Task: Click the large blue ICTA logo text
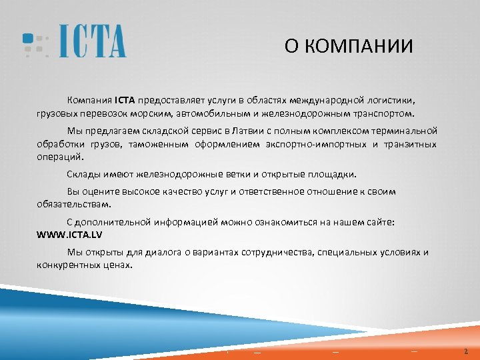(92, 41)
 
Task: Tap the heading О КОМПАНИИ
(348, 47)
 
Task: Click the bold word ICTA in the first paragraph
(125, 101)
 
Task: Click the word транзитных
(412, 144)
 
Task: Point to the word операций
(61, 157)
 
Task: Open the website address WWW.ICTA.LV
(69, 235)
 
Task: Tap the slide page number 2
(466, 351)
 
